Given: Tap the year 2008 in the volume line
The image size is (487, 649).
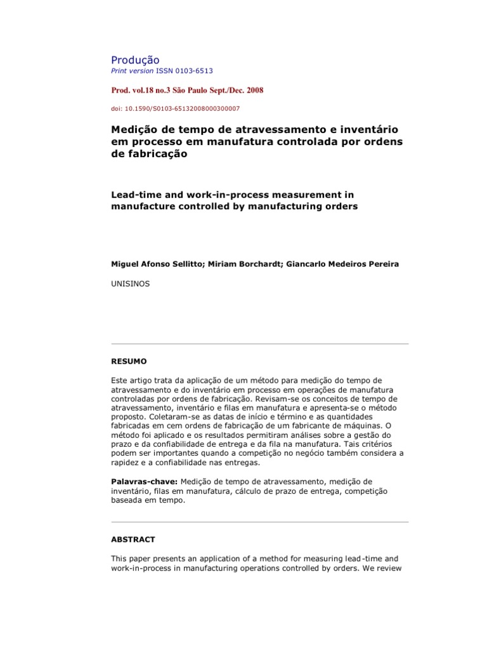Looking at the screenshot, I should point(252,90).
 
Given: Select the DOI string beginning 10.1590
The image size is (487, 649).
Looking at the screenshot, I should point(181,108).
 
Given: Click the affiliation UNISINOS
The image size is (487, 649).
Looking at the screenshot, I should point(131,284).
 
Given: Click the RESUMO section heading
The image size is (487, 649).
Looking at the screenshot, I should point(129,361).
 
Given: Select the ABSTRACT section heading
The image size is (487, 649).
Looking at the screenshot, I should point(133,539).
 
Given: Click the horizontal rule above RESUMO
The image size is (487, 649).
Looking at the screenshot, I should point(260,344).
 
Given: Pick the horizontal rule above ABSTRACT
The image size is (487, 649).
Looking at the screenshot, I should point(260,522).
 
